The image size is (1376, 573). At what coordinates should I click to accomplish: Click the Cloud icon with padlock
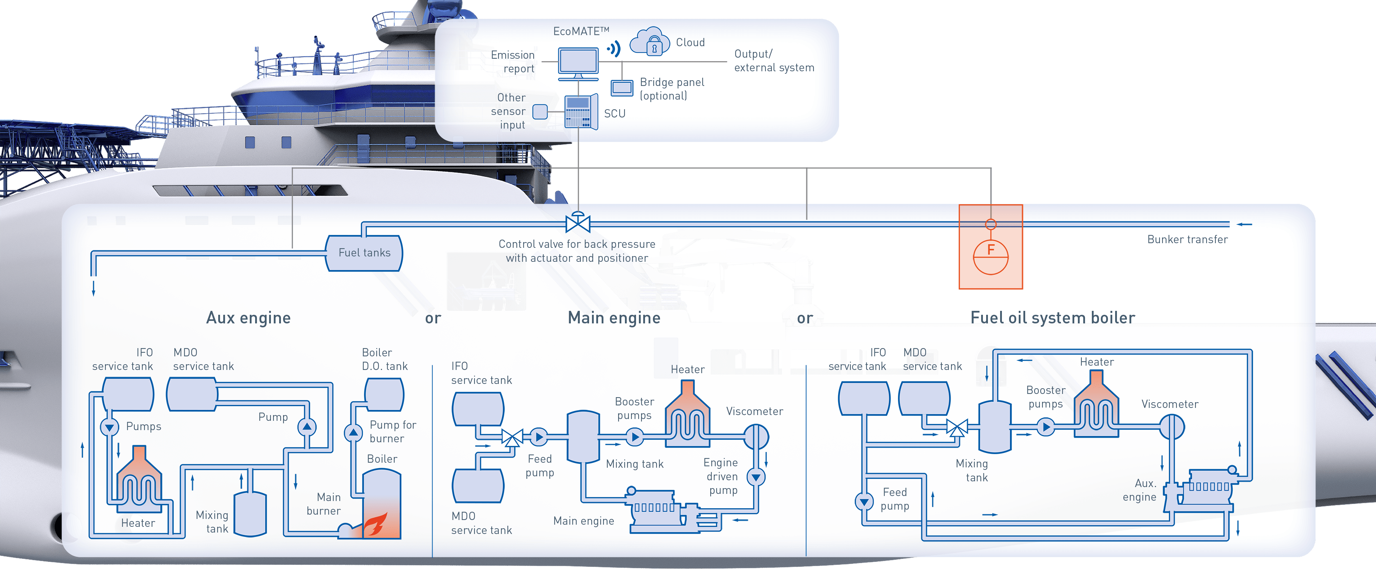(x=650, y=42)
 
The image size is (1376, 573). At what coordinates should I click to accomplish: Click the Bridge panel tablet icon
(x=622, y=88)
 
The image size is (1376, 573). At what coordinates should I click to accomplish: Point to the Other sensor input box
(x=540, y=112)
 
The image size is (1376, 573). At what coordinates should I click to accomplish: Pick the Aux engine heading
(x=248, y=318)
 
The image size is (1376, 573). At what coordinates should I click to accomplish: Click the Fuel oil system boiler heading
(x=1052, y=318)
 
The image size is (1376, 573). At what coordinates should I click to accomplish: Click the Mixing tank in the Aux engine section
(x=250, y=514)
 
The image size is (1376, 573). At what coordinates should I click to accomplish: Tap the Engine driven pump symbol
(x=756, y=477)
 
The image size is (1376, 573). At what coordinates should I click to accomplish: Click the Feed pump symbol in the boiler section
(x=864, y=501)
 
